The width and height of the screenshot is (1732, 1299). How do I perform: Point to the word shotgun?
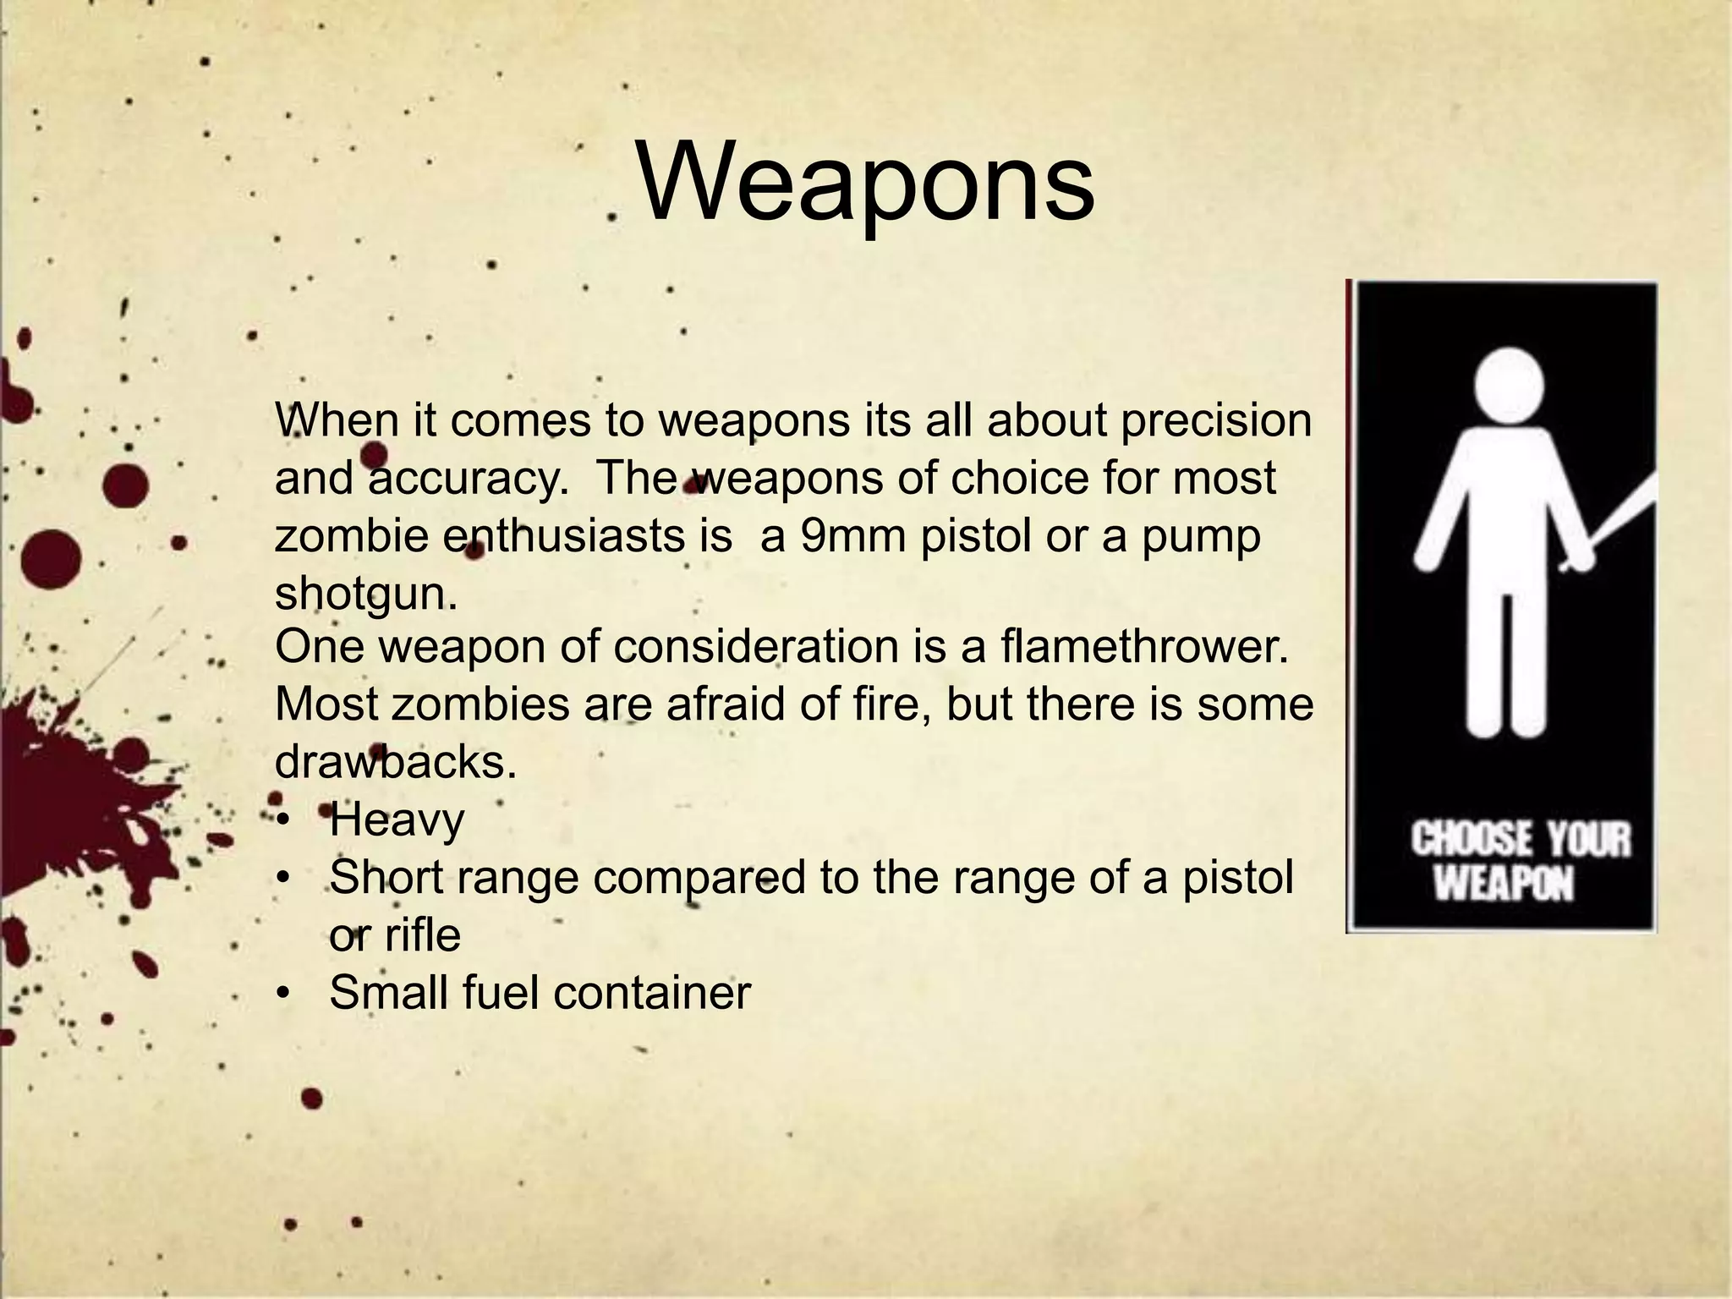365,594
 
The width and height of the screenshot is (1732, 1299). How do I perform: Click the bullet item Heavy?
397,819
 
